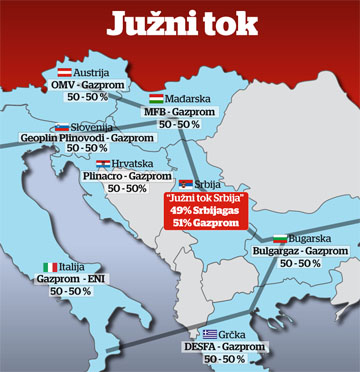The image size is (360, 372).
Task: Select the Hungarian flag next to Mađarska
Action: point(157,98)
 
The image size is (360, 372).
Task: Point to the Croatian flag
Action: point(103,164)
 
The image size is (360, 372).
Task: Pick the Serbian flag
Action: point(186,184)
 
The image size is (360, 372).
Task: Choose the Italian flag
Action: point(49,267)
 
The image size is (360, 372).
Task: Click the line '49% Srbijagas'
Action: point(225,210)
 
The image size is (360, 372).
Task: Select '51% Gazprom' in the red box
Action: point(225,222)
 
